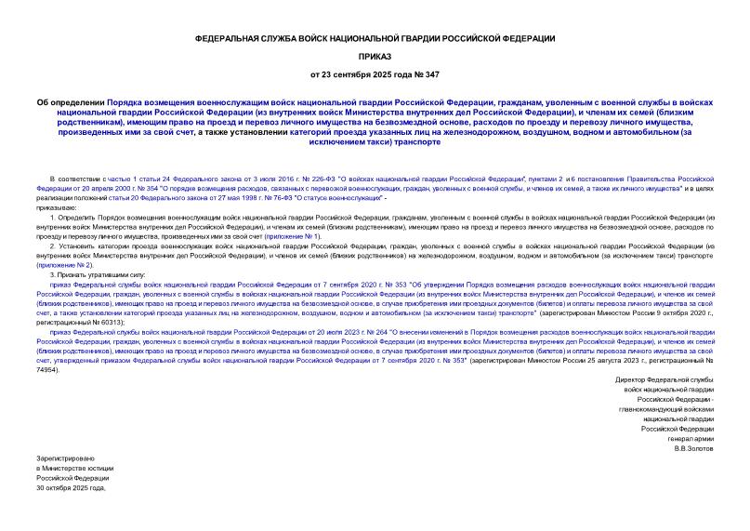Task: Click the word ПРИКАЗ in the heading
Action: coord(375,56)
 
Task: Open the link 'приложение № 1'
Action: coord(294,236)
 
